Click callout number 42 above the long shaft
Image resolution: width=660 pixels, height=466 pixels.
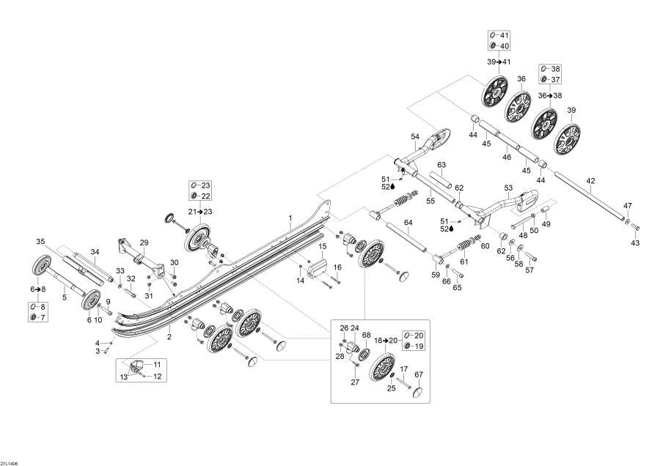[590, 181]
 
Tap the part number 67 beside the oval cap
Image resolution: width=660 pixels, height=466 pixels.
[419, 375]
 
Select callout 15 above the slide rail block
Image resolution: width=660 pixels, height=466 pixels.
[321, 246]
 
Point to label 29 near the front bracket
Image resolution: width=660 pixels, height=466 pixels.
[144, 243]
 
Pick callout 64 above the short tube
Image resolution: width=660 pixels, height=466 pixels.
[408, 222]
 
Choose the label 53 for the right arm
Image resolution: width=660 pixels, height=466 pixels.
[508, 188]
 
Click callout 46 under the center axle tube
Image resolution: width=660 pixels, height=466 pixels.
[505, 157]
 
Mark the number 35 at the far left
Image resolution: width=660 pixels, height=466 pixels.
[41, 241]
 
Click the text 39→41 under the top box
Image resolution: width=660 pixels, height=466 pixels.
[498, 62]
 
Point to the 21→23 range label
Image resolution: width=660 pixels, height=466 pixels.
[199, 211]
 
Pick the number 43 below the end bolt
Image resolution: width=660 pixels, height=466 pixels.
[635, 243]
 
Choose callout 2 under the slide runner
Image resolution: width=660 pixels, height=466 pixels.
[170, 337]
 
